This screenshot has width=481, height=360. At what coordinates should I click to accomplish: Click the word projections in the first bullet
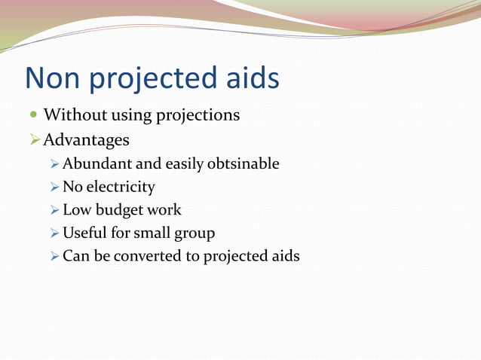[198, 115]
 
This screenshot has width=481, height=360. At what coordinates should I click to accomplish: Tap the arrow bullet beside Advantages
[33, 140]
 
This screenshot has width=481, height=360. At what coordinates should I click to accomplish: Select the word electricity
[120, 187]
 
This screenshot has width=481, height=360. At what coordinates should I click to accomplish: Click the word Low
[76, 210]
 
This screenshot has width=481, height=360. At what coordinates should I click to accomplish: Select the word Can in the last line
[75, 256]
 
